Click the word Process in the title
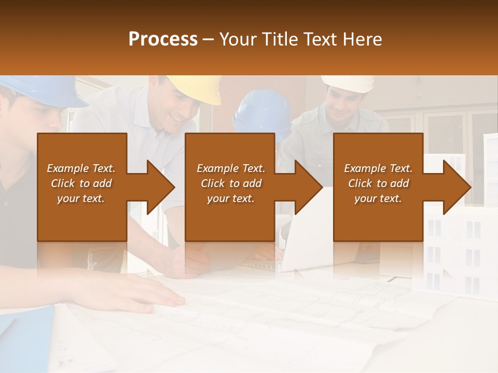pyautogui.click(x=163, y=39)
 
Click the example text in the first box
pyautogui.click(x=81, y=183)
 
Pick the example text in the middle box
pyautogui.click(x=231, y=183)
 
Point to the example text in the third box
pyautogui.click(x=378, y=183)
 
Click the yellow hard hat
pyautogui.click(x=197, y=88)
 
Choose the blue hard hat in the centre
pyautogui.click(x=262, y=111)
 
